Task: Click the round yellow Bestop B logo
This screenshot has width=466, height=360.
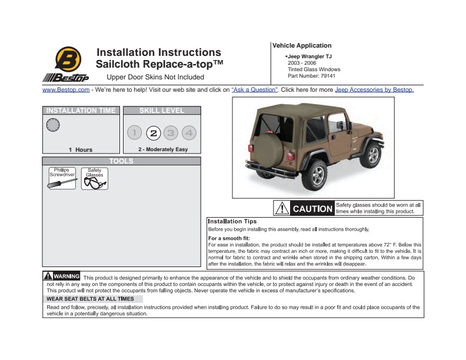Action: pyautogui.click(x=68, y=59)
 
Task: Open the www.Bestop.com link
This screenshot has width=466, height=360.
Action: pyautogui.click(x=66, y=89)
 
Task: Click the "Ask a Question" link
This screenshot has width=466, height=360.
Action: pyautogui.click(x=255, y=89)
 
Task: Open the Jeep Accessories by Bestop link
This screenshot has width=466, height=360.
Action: pyautogui.click(x=374, y=89)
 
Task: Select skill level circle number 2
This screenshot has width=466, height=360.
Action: pyautogui.click(x=154, y=133)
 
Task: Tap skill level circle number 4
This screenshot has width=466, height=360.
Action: pyautogui.click(x=189, y=133)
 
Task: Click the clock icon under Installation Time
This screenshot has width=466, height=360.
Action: pyautogui.click(x=53, y=125)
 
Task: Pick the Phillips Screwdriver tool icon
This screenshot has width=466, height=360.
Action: pyautogui.click(x=62, y=178)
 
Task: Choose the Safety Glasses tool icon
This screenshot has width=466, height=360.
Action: pyautogui.click(x=95, y=178)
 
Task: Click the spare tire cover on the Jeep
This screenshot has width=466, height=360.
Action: pyautogui.click(x=268, y=151)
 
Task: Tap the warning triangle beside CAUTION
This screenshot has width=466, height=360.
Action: pyautogui.click(x=282, y=208)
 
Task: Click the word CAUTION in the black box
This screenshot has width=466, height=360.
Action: pyautogui.click(x=312, y=209)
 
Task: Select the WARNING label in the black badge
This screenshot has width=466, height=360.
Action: pyautogui.click(x=66, y=276)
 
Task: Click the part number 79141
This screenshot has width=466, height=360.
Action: pyautogui.click(x=328, y=76)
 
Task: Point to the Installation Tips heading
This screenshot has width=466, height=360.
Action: pyautogui.click(x=232, y=221)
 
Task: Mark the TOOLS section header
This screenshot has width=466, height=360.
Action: pyautogui.click(x=121, y=161)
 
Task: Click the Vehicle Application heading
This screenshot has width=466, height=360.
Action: pyautogui.click(x=302, y=45)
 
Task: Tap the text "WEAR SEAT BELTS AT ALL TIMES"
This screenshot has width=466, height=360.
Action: pyautogui.click(x=90, y=299)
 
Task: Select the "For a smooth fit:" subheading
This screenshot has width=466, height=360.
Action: pyautogui.click(x=229, y=238)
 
